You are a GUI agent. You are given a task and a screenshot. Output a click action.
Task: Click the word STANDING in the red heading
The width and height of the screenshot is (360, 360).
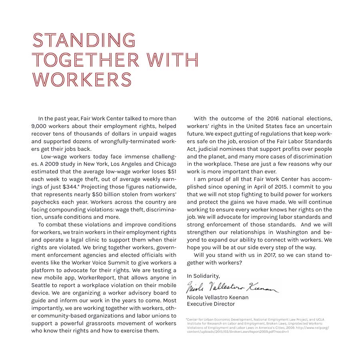84,40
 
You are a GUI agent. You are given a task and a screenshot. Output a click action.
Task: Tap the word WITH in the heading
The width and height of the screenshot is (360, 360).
173,60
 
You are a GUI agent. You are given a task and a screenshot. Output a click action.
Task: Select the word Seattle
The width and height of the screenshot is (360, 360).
41,285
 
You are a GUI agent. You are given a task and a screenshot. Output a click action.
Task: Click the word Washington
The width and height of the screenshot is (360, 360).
293,232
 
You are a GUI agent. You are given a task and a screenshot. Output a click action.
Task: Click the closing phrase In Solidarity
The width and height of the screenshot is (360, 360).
203,276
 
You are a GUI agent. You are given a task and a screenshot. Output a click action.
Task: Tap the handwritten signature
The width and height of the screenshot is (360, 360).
232,287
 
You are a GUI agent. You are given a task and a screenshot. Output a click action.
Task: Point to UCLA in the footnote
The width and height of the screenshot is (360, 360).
319,320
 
